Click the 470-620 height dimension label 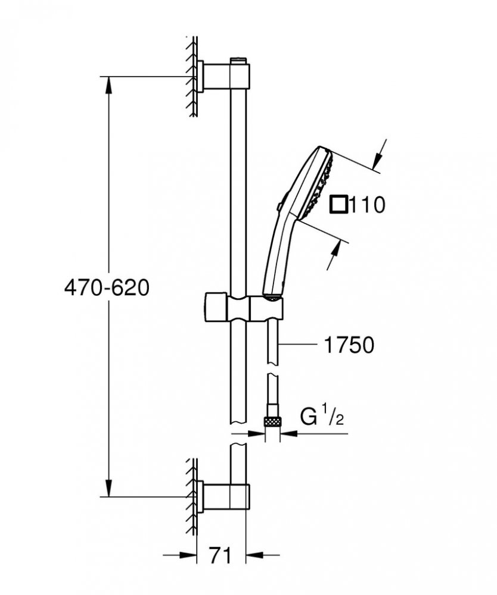(107, 288)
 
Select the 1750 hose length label (349, 345)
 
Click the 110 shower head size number (366, 205)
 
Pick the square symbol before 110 (338, 205)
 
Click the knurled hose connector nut (272, 422)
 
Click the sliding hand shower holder (244, 307)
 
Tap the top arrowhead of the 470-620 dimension (108, 85)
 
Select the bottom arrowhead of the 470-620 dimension (108, 488)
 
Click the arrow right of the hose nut (289, 433)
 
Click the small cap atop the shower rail (238, 60)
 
